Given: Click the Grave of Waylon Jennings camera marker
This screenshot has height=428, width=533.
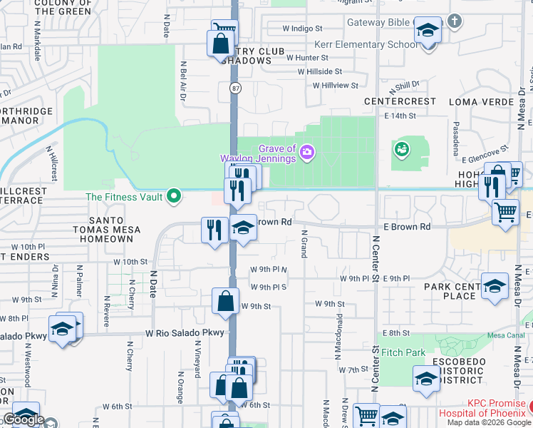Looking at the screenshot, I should [x=307, y=151].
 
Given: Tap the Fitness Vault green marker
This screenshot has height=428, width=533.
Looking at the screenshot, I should [x=173, y=196].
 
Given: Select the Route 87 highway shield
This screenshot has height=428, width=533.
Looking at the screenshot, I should [x=234, y=88].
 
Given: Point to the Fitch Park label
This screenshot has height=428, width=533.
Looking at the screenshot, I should [x=403, y=352].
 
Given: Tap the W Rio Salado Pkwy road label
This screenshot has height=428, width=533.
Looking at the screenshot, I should [x=185, y=333].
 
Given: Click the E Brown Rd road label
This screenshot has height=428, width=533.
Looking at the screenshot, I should [x=406, y=226].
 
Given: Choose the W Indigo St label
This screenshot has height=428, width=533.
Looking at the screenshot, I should [x=303, y=29].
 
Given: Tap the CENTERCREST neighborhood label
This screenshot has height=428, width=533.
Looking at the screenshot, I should [x=400, y=102].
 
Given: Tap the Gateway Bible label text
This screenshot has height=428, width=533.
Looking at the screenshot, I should [x=378, y=22].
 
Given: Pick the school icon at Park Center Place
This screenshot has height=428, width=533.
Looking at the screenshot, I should [x=494, y=286].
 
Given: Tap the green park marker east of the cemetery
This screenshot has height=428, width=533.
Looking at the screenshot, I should [x=401, y=149].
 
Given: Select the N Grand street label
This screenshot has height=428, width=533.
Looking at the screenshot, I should [x=304, y=243].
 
